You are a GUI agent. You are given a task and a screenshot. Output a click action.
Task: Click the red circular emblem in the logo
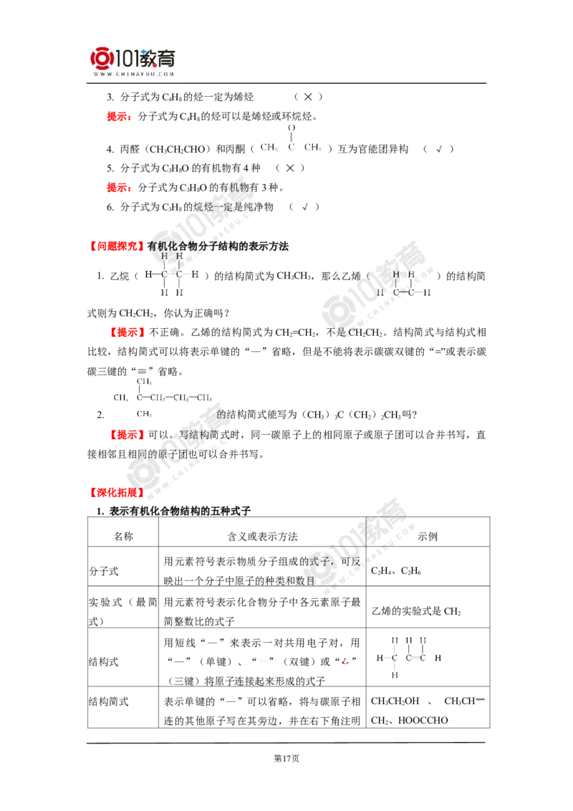[102, 59]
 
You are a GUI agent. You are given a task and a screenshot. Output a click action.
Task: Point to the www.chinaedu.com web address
[135, 74]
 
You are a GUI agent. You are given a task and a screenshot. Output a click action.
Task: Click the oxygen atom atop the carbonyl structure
[291, 128]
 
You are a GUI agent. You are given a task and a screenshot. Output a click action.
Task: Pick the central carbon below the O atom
[291, 148]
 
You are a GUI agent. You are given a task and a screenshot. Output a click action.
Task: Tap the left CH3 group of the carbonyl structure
[269, 148]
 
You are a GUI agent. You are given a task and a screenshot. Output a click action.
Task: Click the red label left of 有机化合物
[115, 246]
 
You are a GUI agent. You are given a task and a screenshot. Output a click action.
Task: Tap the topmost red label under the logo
[117, 117]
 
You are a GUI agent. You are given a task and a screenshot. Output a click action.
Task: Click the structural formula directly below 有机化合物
[172, 274]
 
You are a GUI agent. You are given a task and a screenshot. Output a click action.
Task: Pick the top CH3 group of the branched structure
[141, 380]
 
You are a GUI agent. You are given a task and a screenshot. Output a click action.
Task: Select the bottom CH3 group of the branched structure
[142, 413]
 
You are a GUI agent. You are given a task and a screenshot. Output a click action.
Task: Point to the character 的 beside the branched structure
[221, 415]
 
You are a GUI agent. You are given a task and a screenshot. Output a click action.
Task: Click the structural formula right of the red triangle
[408, 658]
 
